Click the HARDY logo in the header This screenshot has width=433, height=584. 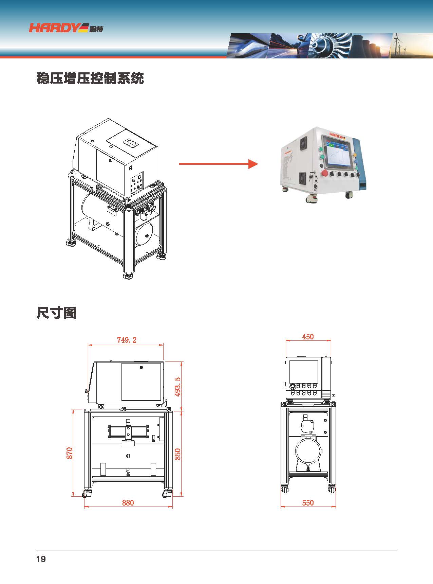coord(66,28)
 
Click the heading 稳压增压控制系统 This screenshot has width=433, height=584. coord(90,78)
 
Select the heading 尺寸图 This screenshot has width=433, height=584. coord(56,313)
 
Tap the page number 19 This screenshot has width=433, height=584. coord(41,559)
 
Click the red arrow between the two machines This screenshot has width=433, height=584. coord(219,164)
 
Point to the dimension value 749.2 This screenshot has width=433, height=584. coord(127,340)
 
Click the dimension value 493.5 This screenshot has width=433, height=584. coord(177,387)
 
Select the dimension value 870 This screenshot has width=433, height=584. coord(69,453)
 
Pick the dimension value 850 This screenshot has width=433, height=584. coord(177,454)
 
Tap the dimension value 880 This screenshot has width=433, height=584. coord(128,503)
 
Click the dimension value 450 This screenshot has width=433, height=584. coord(308,337)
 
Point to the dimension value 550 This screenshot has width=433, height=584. coord(308,503)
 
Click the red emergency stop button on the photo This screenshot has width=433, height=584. coord(324,173)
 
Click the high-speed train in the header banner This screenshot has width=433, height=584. coord(248,46)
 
